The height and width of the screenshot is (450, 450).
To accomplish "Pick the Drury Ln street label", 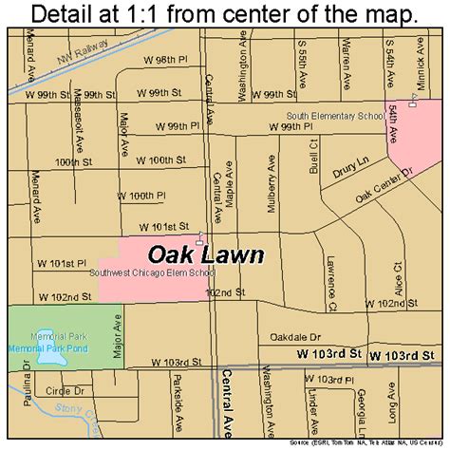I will (347, 174).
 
